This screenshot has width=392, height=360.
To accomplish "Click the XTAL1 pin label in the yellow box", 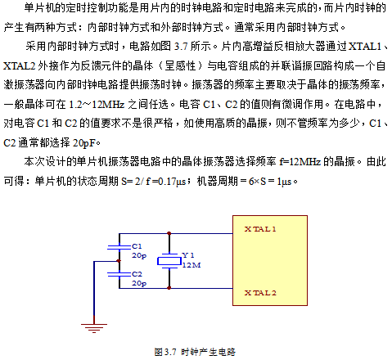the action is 260,229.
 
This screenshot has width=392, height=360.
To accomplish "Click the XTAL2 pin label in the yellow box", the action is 260,293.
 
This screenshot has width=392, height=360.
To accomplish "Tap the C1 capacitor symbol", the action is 119,247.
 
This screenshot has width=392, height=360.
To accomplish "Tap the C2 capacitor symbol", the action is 119,274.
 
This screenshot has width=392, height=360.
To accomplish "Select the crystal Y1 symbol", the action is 169,261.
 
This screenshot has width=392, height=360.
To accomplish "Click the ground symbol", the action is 94,328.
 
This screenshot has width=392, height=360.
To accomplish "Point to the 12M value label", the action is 191,265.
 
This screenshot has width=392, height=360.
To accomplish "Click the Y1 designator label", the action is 188,255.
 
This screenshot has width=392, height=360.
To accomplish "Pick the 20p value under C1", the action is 139,255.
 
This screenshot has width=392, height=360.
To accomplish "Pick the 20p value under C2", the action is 139,283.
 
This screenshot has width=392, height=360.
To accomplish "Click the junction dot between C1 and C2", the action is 119,261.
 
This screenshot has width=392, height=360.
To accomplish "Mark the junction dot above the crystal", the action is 169,233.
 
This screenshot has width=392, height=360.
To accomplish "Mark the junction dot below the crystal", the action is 169,288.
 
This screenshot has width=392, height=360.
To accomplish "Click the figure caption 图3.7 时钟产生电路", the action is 195,352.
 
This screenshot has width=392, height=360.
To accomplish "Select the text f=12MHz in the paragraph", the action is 300,162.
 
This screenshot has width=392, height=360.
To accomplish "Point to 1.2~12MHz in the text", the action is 97,104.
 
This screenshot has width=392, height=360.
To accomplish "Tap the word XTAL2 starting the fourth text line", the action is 20,65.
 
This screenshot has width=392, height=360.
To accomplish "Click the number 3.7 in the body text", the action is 181,47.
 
